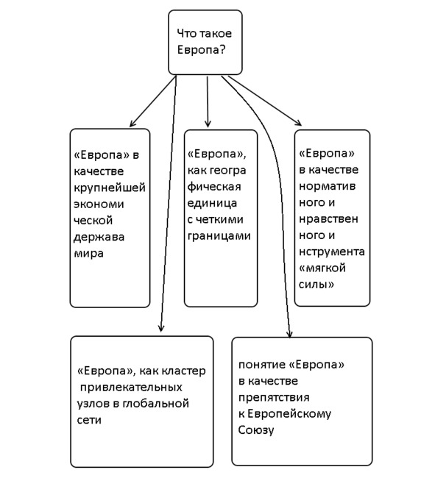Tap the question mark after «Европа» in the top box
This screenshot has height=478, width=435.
coord(222,50)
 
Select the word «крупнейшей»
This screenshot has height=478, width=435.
coord(110,188)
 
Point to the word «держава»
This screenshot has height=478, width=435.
coord(99,237)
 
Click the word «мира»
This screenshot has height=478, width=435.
coord(88,254)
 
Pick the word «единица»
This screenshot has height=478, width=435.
coord(212,203)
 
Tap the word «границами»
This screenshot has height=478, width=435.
coord(219,236)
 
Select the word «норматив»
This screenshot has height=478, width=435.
coord(327,186)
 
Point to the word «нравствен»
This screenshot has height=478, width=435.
coord(328,219)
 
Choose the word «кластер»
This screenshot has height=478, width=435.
coord(183,371)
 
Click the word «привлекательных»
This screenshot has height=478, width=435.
coord(131,388)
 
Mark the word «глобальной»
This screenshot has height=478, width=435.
coord(155,404)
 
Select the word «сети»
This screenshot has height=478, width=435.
coord(89,420)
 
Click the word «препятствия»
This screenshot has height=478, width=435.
coord(274,397)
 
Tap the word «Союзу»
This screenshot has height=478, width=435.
coord(256,430)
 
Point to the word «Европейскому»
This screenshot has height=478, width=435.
coord(289,414)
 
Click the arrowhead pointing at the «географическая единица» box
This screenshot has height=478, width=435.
coord(208,124)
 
